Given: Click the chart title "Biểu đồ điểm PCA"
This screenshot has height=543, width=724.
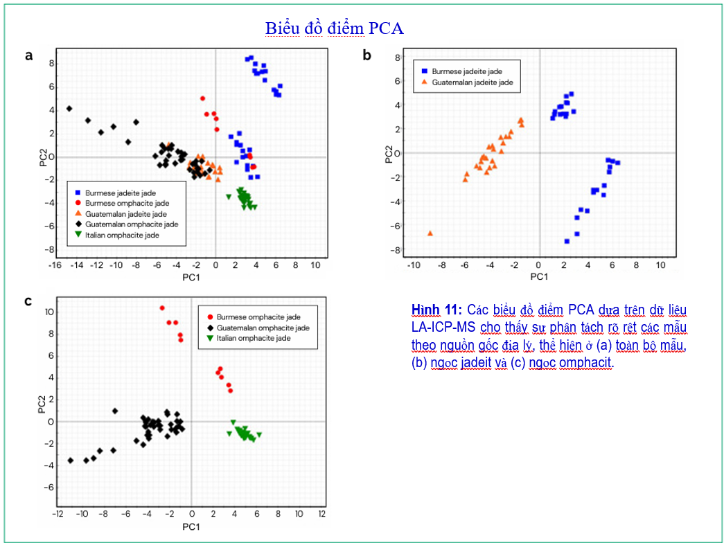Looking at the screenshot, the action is pyautogui.click(x=335, y=28).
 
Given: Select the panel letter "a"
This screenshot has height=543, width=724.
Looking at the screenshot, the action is pyautogui.click(x=29, y=56).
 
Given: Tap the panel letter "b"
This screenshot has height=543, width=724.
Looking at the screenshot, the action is pyautogui.click(x=367, y=55).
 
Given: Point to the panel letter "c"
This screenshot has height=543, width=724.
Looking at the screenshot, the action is pyautogui.click(x=28, y=301).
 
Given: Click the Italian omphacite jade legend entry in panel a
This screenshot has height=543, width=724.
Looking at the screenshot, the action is pyautogui.click(x=122, y=235).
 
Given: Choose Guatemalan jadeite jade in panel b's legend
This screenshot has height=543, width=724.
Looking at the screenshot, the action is pyautogui.click(x=467, y=82).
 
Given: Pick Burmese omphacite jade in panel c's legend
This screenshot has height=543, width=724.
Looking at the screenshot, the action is pyautogui.click(x=254, y=317).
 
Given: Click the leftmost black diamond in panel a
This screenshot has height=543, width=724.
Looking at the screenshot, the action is pyautogui.click(x=69, y=109).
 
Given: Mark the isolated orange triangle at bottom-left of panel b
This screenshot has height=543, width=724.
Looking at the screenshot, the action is pyautogui.click(x=430, y=233).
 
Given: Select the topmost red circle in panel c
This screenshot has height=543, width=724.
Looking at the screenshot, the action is pyautogui.click(x=162, y=308).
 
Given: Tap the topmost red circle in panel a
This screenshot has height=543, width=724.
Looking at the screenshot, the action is pyautogui.click(x=203, y=98).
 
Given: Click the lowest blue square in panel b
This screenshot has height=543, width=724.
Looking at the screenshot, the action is pyautogui.click(x=567, y=242).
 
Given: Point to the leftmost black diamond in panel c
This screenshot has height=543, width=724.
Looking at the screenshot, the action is pyautogui.click(x=71, y=461).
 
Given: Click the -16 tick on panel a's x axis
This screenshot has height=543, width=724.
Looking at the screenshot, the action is pyautogui.click(x=55, y=265).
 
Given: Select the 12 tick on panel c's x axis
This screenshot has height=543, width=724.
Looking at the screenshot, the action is pyautogui.click(x=322, y=514).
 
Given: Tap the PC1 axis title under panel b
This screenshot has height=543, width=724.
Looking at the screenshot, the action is pyautogui.click(x=539, y=276).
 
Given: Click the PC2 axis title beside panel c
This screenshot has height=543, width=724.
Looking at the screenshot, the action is pyautogui.click(x=42, y=403).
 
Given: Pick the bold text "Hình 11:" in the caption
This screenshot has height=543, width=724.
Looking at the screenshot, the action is pyautogui.click(x=436, y=310).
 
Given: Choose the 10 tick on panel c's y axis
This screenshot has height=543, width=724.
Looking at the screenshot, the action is pyautogui.click(x=50, y=312).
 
